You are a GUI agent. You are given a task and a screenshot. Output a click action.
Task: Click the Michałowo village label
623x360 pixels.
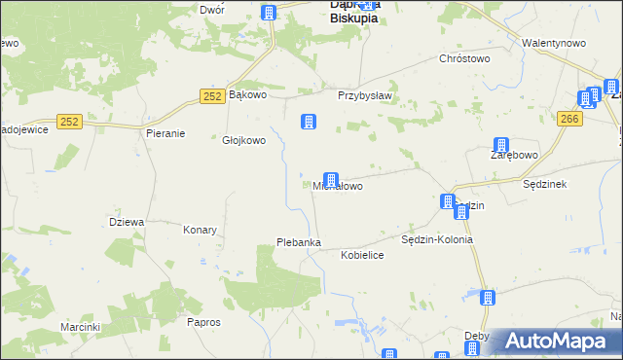pyautogui.click(x=338, y=186)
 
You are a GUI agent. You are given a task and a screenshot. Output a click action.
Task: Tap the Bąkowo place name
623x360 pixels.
pyautogui.click(x=247, y=95)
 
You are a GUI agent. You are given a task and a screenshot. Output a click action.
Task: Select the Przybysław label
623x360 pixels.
pyautogui.click(x=364, y=95)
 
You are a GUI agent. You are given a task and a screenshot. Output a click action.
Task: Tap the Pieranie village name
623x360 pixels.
pyautogui.click(x=165, y=133)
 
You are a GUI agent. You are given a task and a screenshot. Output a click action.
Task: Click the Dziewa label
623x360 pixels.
pyautogui.click(x=127, y=222)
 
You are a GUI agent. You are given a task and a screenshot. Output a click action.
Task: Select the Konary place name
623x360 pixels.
pyautogui.click(x=200, y=231)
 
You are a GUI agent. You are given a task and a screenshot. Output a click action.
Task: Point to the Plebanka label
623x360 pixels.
pyautogui.click(x=299, y=242)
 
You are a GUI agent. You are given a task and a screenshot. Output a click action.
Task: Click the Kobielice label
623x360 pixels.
pyautogui.click(x=362, y=254)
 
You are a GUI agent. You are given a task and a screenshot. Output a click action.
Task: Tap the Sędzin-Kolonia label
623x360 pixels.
pyautogui.click(x=437, y=239)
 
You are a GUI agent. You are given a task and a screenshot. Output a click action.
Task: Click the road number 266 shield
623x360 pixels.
pyautogui.click(x=570, y=118)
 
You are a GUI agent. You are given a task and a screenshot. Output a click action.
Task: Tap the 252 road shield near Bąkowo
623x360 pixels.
pyautogui.click(x=213, y=95)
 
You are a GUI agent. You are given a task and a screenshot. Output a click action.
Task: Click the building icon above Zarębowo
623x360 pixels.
pyautogui.click(x=501, y=145)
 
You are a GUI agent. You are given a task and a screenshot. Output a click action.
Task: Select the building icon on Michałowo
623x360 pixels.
pyautogui.click(x=331, y=180)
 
